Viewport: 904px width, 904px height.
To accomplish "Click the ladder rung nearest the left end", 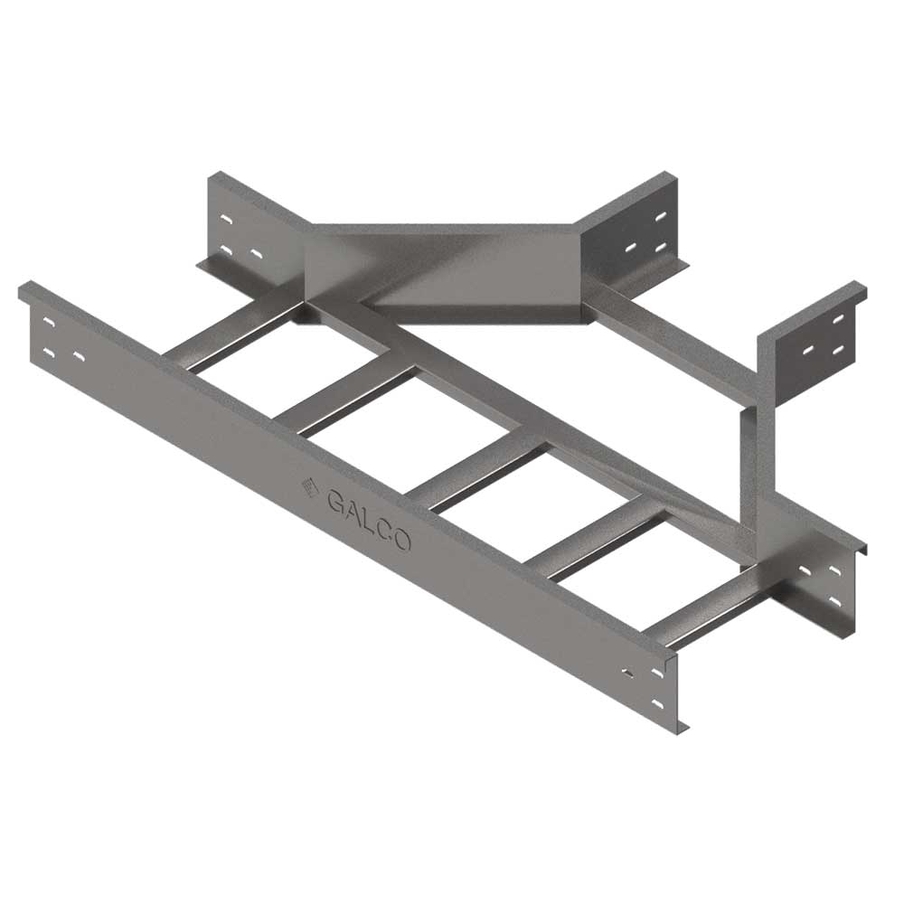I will (231, 336).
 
